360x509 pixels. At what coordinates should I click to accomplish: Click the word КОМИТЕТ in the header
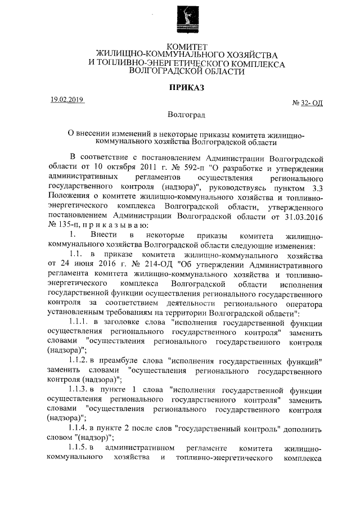[x=187, y=46]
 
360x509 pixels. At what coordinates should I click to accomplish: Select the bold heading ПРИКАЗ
[x=186, y=87]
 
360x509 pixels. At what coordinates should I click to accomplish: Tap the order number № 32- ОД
[x=308, y=103]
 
